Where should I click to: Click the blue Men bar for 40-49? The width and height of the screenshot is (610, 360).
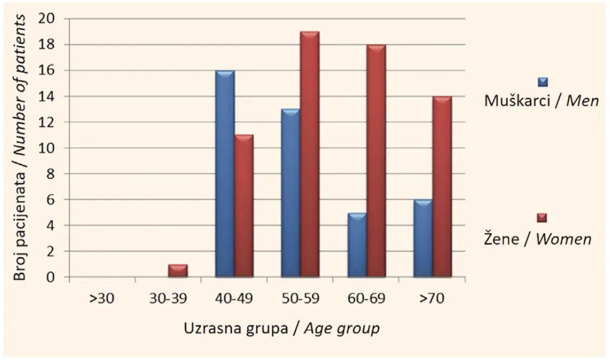coord(225,173)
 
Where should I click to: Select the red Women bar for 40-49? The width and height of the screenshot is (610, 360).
coord(244,206)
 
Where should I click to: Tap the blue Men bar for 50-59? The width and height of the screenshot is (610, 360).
coord(290,193)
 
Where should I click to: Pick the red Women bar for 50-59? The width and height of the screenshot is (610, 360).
coord(310,154)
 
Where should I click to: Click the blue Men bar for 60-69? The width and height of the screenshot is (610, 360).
coord(357,245)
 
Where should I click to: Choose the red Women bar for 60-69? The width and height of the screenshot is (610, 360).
coord(376,160)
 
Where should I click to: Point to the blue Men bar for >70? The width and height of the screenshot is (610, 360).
coord(423,238)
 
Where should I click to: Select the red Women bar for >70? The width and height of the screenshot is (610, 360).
coord(442,187)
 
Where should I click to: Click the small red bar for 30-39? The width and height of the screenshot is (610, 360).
coord(178,271)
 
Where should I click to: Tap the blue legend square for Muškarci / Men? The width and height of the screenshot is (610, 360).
coord(543,82)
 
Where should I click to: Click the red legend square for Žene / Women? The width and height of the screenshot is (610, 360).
coord(542,218)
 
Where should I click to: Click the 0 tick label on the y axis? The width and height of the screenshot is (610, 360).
coord(50,278)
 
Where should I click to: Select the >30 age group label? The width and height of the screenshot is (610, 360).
coord(102,299)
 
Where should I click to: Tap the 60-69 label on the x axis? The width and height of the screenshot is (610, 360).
coord(366,299)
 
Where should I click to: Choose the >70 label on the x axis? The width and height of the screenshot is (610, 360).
coord(432,299)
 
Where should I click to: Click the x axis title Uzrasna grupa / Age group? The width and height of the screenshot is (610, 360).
coord(282,329)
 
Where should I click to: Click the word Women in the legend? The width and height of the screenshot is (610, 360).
coord(564,239)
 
